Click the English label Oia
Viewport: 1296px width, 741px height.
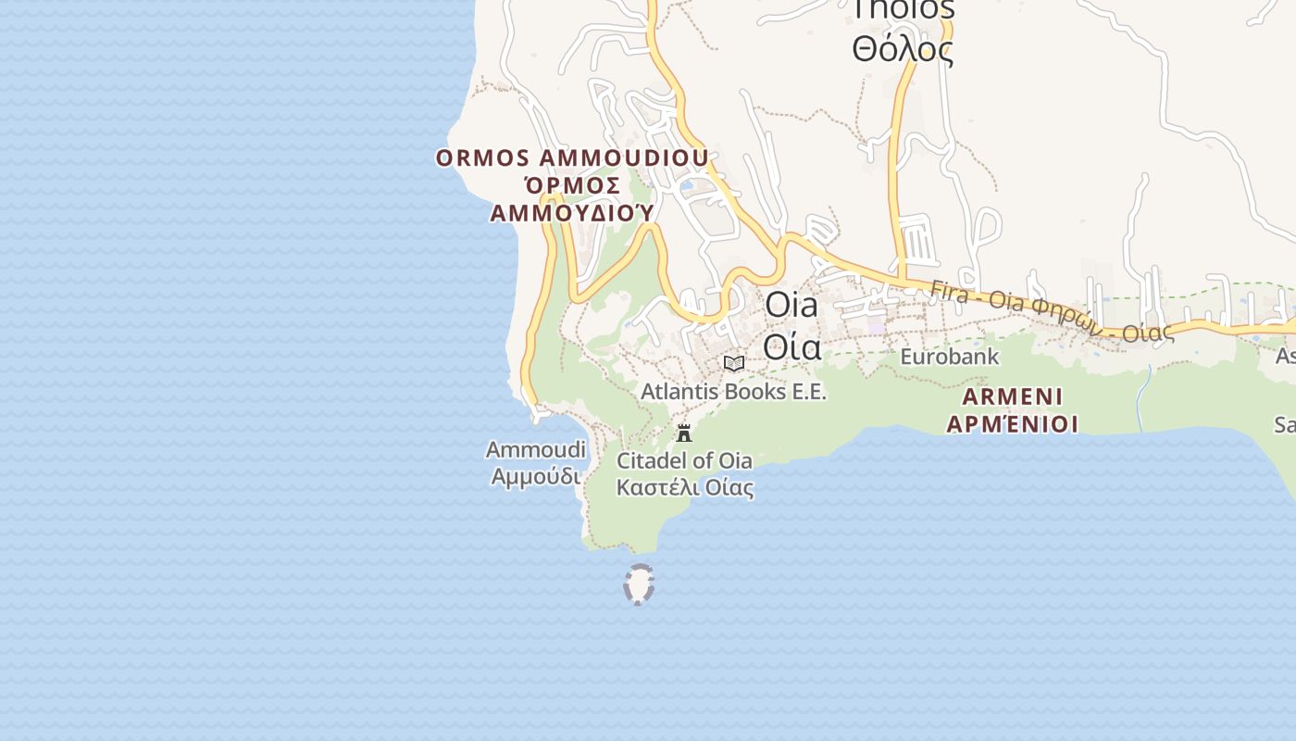791,305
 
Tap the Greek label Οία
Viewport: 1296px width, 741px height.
791,345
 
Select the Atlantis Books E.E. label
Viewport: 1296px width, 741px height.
733,392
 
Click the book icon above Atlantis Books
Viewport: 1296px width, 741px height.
734,363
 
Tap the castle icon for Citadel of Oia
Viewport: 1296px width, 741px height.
684,433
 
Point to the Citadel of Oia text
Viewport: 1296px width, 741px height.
684,460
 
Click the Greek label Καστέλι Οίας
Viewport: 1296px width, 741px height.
685,487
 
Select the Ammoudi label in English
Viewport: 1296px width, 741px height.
536,450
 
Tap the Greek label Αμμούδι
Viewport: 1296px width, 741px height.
536,477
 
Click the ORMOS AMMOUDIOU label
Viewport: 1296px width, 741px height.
572,157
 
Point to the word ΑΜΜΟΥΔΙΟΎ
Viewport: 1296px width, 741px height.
572,213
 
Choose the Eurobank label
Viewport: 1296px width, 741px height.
950,357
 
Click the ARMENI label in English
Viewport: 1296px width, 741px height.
1013,397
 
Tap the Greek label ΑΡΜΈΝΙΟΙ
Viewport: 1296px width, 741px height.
1013,424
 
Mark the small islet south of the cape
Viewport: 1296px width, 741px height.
639,584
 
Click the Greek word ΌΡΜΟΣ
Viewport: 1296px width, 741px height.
571,185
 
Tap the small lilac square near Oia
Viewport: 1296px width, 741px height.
876,326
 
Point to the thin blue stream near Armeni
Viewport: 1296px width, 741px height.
1144,398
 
